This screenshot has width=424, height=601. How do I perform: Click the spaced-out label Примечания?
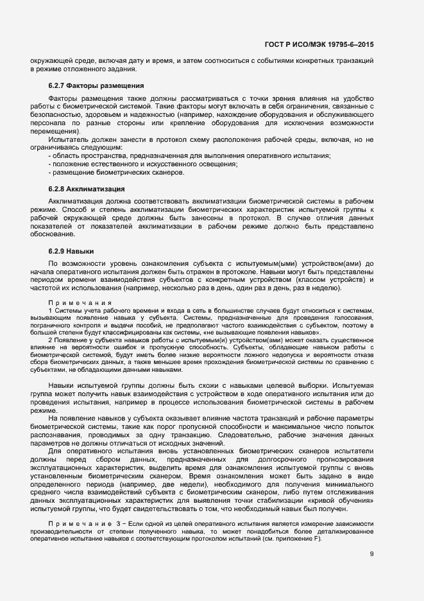click(80, 302)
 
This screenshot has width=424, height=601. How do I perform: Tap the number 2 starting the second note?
click(50, 340)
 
